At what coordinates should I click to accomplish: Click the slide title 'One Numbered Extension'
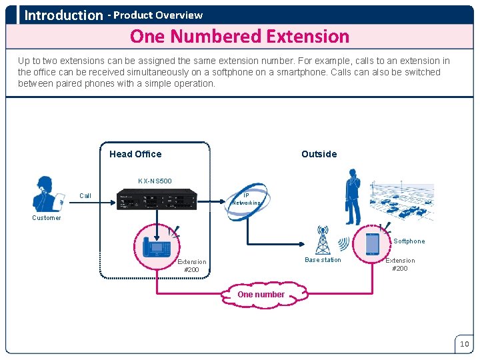tap(239, 36)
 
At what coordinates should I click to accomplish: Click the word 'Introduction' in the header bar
tap(63, 15)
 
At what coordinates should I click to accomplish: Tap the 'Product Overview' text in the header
tap(158, 15)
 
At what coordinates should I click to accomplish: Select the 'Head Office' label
tap(135, 154)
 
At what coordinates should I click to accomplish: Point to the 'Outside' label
tap(319, 154)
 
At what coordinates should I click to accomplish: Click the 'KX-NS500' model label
tap(155, 181)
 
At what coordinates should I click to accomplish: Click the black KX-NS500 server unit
tap(157, 199)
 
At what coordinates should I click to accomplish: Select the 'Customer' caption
tap(47, 218)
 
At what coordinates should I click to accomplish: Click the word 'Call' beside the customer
tap(85, 196)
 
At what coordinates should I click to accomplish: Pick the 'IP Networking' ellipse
tap(246, 199)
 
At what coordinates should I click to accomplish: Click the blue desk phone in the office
tap(157, 243)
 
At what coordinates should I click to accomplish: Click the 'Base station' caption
tap(323, 260)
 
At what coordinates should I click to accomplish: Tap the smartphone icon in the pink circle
tap(372, 244)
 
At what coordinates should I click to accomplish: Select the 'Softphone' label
tap(409, 241)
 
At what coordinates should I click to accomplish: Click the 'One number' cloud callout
tap(261, 295)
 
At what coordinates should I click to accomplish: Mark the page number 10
tap(464, 344)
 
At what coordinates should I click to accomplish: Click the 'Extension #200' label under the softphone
tap(400, 265)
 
